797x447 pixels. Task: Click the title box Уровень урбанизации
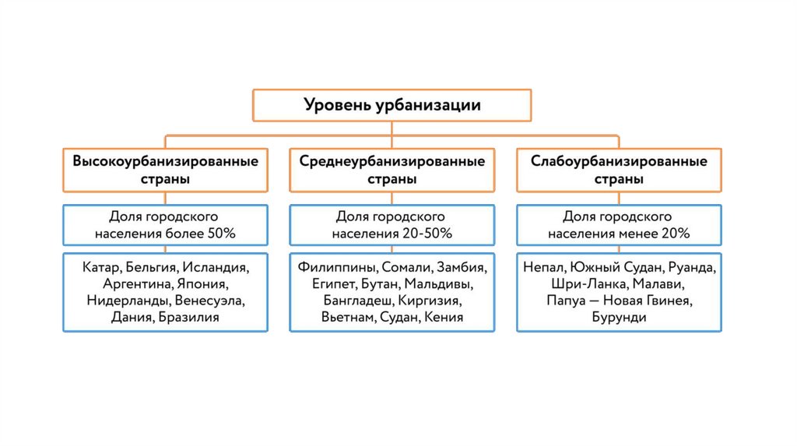point(391,105)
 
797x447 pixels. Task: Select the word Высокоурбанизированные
point(165,161)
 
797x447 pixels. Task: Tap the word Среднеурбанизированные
point(391,161)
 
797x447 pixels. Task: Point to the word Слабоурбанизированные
point(619,161)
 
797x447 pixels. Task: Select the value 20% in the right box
point(673,233)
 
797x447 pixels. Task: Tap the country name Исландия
point(216,267)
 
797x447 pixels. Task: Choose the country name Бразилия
point(189,317)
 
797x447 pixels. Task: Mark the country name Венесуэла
point(209,301)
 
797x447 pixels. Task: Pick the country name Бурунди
point(619,317)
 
